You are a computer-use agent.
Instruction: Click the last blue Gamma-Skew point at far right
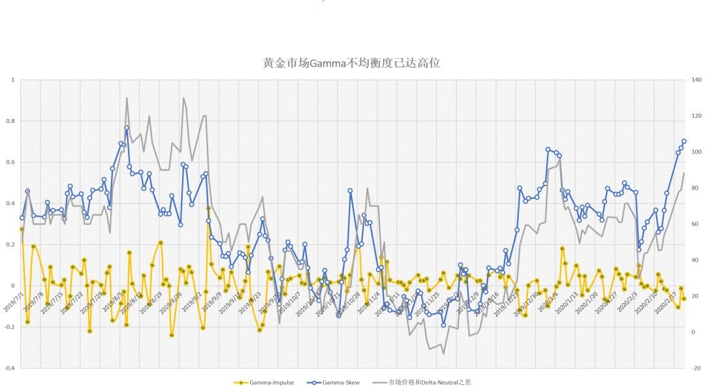coord(684,141)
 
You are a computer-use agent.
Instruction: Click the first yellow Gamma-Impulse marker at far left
coord(22,229)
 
